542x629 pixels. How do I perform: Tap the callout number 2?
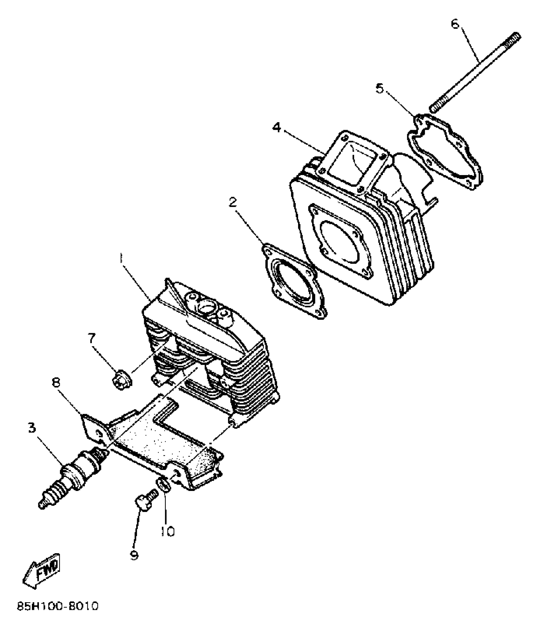pos(233,202)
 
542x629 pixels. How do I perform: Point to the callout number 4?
pos(277,128)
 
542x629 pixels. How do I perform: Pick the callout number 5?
pos(379,89)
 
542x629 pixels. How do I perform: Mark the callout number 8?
pos(56,383)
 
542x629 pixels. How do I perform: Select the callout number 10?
pos(168,531)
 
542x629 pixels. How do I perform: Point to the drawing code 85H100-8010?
pos(57,615)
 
